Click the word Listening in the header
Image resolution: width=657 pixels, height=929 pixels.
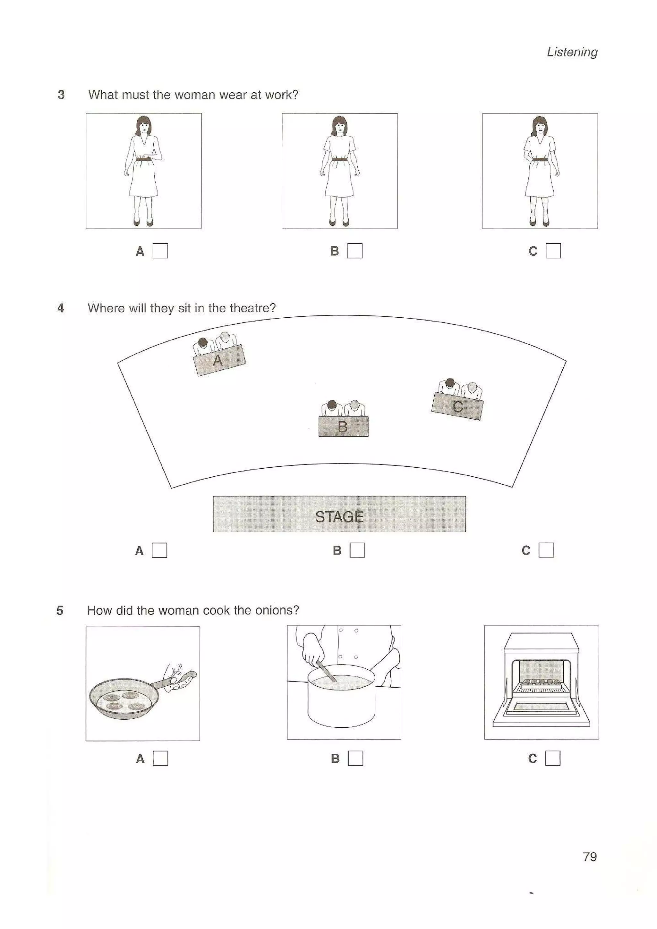point(572,52)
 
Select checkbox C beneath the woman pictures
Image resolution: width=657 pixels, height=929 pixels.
point(553,251)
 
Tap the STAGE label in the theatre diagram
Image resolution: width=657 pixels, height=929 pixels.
point(339,517)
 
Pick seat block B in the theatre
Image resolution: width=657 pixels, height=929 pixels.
point(343,426)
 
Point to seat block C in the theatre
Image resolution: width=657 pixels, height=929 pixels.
point(457,406)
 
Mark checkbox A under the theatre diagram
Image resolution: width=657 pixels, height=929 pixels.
point(159,550)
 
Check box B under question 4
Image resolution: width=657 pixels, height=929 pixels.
point(357,550)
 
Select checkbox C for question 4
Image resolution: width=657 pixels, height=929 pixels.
point(546,550)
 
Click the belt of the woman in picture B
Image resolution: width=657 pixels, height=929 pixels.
point(339,159)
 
